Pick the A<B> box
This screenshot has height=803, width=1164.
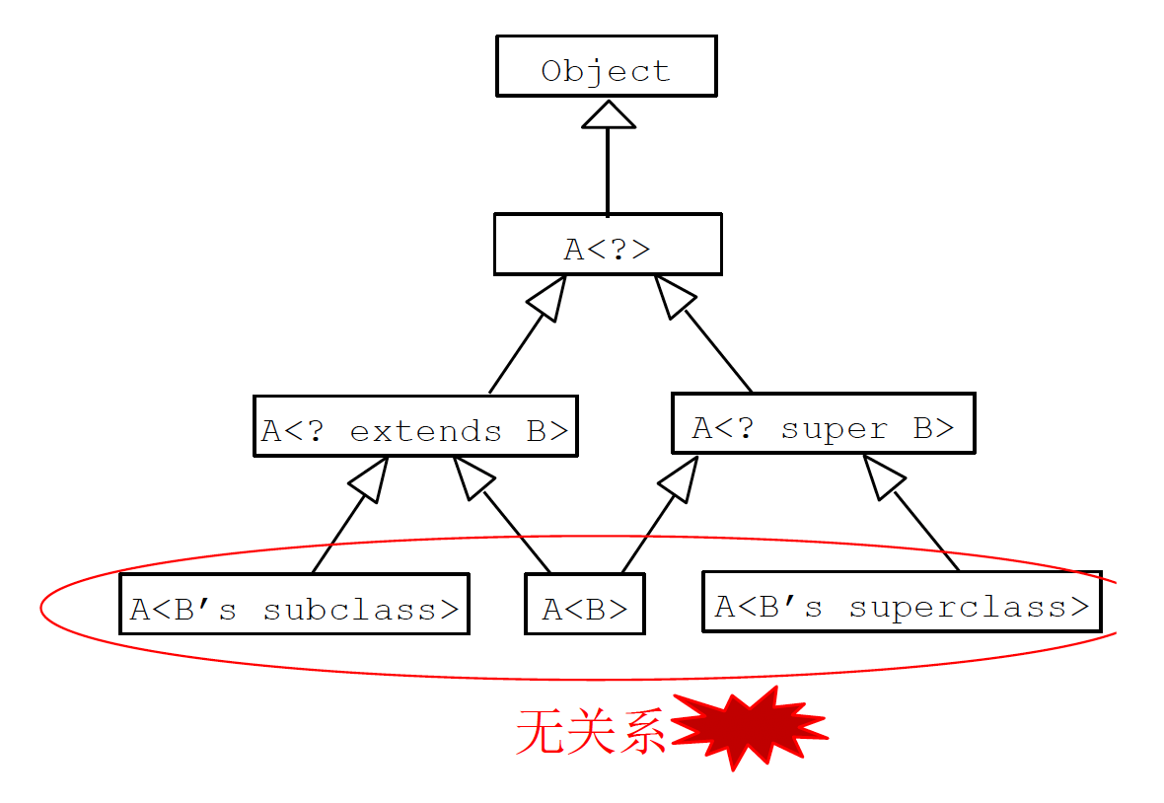pyautogui.click(x=584, y=605)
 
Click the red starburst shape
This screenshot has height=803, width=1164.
pyautogui.click(x=751, y=728)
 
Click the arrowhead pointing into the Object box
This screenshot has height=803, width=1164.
pyautogui.click(x=608, y=114)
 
